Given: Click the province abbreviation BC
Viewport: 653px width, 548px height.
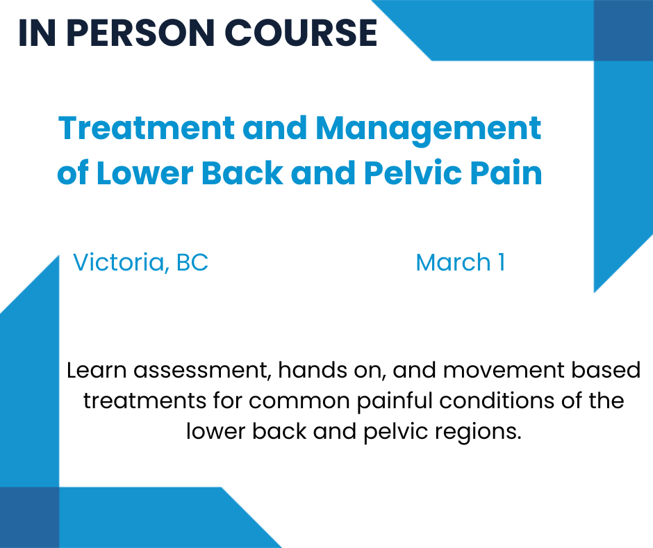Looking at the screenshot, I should click(x=192, y=263).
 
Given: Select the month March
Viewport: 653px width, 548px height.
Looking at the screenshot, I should click(x=453, y=263).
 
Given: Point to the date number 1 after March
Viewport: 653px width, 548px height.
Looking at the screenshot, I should click(x=500, y=263).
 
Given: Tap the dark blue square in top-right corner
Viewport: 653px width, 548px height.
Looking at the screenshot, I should click(x=623, y=30).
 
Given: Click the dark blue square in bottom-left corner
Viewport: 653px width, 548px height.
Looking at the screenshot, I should click(x=29, y=517).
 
